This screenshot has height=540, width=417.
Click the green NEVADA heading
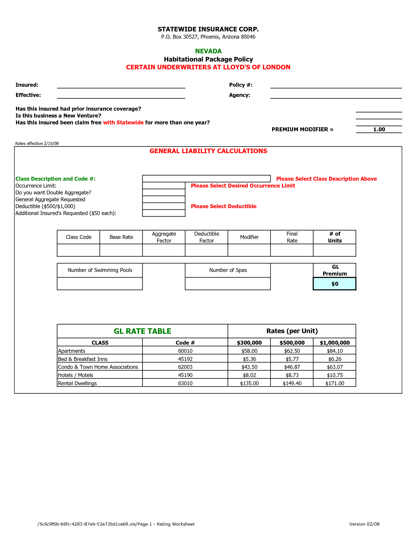208,51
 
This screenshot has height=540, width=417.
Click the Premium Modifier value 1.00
379,129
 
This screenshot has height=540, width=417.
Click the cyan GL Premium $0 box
335,284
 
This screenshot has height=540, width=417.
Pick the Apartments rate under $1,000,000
335,351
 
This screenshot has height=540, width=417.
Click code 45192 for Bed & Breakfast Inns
185,359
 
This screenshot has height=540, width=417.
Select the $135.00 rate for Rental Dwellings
249,383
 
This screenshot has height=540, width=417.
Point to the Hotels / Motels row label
76,375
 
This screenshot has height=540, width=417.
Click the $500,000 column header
292,343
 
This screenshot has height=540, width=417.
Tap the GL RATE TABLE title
142,331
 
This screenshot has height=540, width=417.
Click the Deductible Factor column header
206,237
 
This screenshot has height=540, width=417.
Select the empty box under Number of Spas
228,284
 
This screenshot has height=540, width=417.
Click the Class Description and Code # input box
206,179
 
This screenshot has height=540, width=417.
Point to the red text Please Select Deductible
224,206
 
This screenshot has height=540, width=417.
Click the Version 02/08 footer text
364,524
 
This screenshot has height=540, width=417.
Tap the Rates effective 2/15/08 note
37,143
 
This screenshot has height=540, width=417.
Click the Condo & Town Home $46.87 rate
292,367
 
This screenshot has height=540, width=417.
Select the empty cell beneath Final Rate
292,250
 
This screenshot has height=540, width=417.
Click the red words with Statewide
123,122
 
